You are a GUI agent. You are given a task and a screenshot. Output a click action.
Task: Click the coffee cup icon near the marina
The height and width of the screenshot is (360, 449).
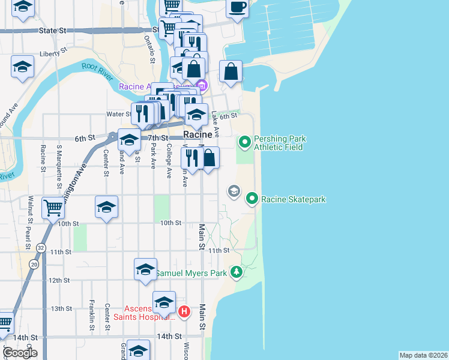click(238, 7)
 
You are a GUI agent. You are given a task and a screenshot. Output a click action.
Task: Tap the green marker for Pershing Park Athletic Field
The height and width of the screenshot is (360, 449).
click(244, 142)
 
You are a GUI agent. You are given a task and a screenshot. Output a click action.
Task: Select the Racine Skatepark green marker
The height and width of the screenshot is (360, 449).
click(252, 199)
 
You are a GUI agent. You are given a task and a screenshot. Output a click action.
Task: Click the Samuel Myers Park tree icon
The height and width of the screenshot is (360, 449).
click(237, 273)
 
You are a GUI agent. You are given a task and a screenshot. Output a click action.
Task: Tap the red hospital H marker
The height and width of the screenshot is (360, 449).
click(184, 312)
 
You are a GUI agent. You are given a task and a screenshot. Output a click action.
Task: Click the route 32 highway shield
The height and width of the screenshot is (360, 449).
click(40, 247)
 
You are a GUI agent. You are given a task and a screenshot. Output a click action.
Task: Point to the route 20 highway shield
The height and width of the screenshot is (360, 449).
click(34, 264)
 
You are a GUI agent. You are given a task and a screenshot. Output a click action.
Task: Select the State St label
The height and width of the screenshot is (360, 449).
click(52, 30)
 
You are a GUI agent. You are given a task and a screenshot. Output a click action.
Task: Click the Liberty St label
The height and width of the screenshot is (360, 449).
click(52, 53)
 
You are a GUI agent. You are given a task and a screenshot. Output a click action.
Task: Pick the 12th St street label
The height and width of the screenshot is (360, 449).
click(59, 280)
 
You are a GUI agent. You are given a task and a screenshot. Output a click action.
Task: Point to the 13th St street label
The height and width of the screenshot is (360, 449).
click(61, 308)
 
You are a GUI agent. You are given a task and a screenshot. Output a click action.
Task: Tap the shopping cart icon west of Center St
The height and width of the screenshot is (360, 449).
click(53, 208)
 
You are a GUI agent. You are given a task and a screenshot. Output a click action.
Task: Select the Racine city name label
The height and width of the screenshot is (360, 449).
click(197, 135)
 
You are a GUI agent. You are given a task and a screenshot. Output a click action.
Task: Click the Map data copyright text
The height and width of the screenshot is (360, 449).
click(423, 355)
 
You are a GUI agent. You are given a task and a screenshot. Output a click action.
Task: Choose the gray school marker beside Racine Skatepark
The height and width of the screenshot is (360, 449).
click(234, 191)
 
